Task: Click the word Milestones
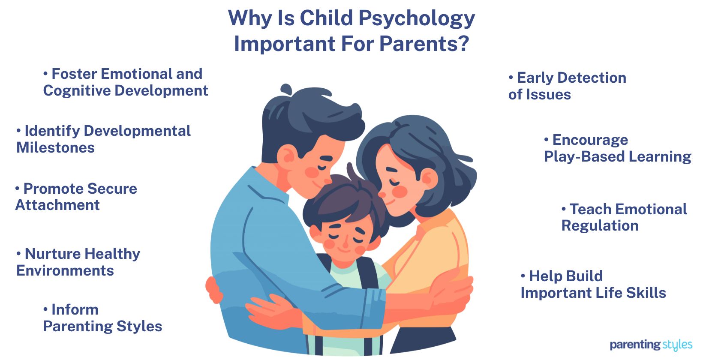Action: tap(55, 147)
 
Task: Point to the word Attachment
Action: tap(57, 205)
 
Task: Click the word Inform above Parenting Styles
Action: tap(75, 309)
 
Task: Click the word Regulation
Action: tap(600, 225)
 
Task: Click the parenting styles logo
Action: tap(651, 345)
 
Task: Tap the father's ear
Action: tap(286, 154)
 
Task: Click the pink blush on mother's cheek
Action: tap(400, 192)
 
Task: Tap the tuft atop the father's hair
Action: tap(285, 90)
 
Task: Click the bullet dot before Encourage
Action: tap(547, 140)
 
